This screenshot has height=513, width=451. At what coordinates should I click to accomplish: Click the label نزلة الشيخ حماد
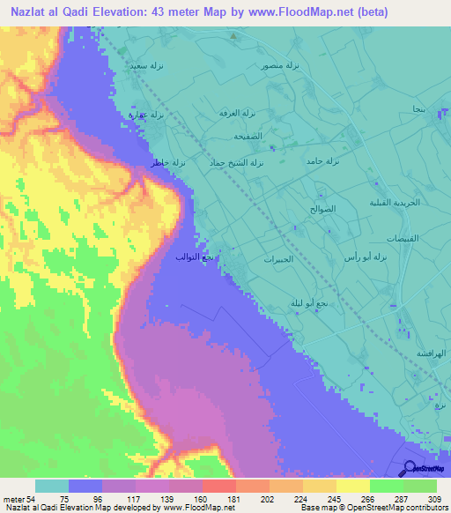(x=244, y=164)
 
